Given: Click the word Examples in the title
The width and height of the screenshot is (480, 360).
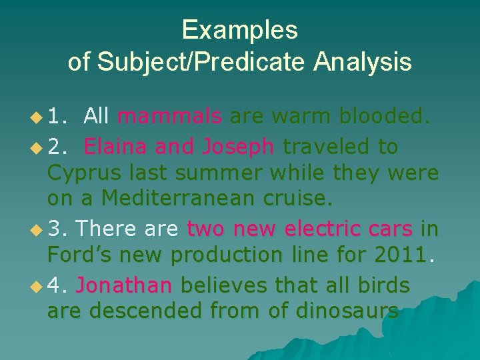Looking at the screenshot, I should [x=239, y=30].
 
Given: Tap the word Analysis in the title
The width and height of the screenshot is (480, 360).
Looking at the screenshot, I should [x=363, y=62].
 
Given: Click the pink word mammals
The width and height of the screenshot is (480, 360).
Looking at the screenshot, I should [x=169, y=117].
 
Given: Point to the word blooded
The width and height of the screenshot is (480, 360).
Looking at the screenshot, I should [x=385, y=117].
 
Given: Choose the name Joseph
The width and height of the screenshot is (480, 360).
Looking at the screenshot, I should [x=237, y=146].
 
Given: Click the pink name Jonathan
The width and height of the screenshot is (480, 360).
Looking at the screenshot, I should [x=124, y=285].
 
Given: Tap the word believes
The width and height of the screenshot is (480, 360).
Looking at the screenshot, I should [x=223, y=285].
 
